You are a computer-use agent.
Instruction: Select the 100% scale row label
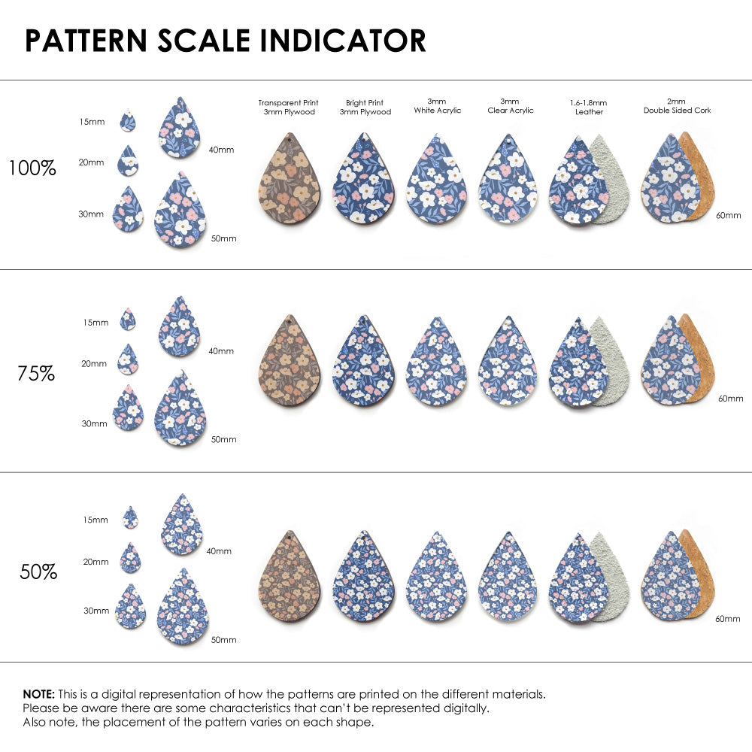[x=32, y=168]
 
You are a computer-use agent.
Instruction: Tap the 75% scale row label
[x=36, y=373]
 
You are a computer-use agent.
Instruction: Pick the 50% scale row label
[x=38, y=572]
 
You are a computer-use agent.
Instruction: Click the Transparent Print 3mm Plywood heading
[x=288, y=108]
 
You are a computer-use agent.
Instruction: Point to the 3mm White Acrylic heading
[x=437, y=106]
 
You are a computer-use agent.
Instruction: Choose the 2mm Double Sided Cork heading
[x=677, y=106]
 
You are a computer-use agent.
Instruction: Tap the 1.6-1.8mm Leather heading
[x=588, y=107]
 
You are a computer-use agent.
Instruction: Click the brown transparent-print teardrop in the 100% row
[x=290, y=181]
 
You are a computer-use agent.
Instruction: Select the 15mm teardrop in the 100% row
[x=129, y=120]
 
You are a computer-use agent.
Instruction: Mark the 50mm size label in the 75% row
[x=223, y=439]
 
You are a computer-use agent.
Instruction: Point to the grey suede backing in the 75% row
[x=611, y=361]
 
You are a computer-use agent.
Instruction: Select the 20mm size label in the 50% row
[x=96, y=562]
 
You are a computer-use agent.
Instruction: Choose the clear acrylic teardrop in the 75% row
[x=508, y=362]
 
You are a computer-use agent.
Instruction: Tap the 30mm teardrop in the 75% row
[x=129, y=408]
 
